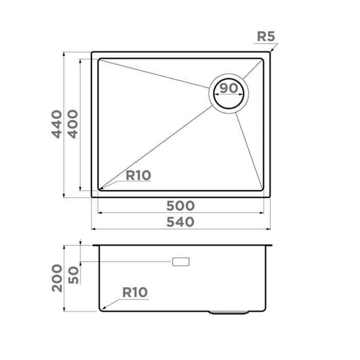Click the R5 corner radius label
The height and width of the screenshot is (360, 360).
click(266, 37)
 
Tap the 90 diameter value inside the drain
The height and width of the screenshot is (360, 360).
click(229, 88)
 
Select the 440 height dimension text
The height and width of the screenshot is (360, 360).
click(57, 123)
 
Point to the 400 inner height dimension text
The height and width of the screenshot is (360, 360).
click(73, 123)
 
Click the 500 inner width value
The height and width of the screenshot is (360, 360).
click(181, 206)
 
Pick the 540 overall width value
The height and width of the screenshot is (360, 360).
click(181, 222)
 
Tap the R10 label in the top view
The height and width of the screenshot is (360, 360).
click(138, 175)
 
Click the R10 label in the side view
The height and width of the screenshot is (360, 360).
click(135, 293)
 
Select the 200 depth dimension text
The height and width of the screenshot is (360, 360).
click(57, 278)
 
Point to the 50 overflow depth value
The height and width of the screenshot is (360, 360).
click(73, 275)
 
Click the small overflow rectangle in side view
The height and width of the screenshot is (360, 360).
click(181, 262)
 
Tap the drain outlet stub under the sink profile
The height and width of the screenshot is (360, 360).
click(230, 312)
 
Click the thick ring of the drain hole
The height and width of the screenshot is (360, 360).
click(229, 106)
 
